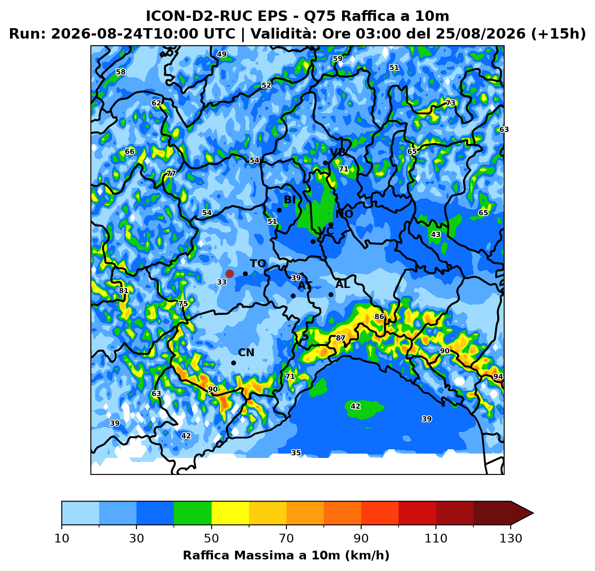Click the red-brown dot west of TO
(x=229, y=274)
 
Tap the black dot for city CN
(x=233, y=363)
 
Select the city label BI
(x=290, y=200)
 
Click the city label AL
(x=342, y=284)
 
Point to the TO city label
(x=258, y=264)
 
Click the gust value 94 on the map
(x=498, y=376)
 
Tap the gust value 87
(x=340, y=338)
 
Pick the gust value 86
(x=379, y=317)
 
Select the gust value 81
(x=123, y=291)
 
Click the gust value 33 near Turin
(x=222, y=282)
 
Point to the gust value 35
(x=296, y=453)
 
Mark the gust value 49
(x=222, y=54)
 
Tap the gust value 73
(x=450, y=103)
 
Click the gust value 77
(x=171, y=174)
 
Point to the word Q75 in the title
(x=320, y=16)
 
